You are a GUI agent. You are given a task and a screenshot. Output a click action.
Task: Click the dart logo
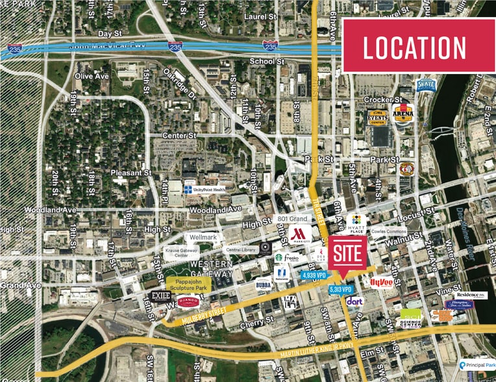(x=354, y=301)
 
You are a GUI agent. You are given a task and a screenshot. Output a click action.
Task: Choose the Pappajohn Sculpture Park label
(x=190, y=284)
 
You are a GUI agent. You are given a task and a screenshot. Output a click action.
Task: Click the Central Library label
(x=240, y=248)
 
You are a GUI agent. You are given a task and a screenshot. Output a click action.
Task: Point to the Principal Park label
(x=480, y=366)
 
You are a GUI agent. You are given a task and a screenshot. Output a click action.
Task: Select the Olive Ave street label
(x=91, y=76)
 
